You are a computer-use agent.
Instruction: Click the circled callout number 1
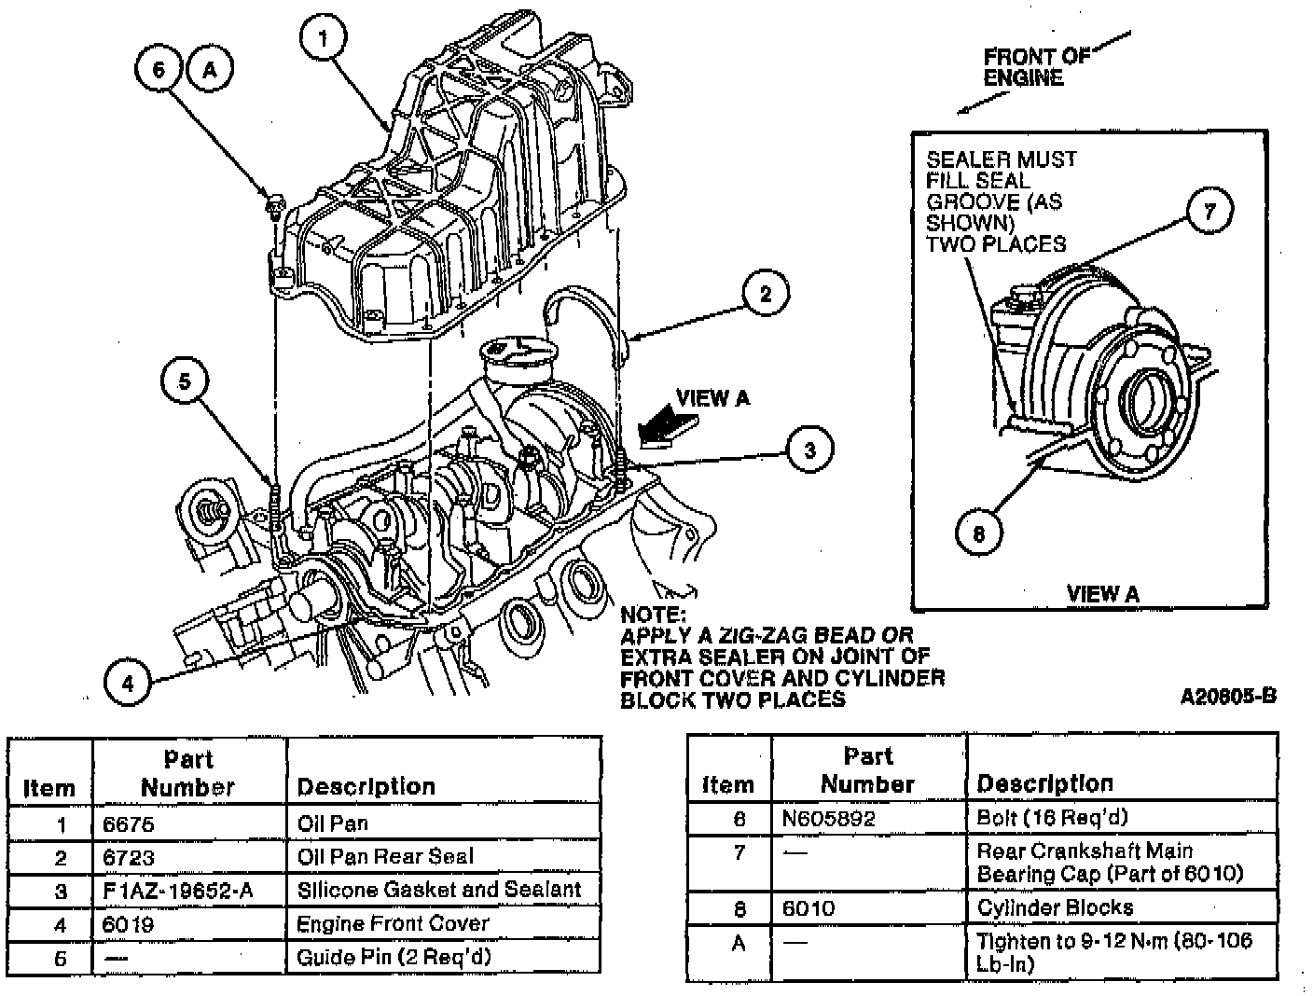tap(323, 39)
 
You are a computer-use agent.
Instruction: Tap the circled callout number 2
tap(766, 295)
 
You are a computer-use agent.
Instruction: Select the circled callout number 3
tap(809, 450)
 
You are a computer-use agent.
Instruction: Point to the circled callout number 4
tap(128, 684)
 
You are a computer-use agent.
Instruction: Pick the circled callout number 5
tap(185, 380)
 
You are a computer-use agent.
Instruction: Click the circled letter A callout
tap(211, 70)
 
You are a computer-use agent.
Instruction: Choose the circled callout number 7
tap(1209, 211)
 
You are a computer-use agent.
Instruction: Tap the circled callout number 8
tap(978, 533)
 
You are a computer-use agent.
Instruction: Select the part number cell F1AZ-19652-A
tap(177, 890)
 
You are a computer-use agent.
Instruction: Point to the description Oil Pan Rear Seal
tap(385, 856)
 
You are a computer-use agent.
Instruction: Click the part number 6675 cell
tap(129, 823)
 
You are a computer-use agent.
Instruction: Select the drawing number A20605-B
tap(1227, 696)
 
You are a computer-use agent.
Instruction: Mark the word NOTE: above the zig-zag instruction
tap(653, 616)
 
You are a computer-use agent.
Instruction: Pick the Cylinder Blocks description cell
tap(1055, 907)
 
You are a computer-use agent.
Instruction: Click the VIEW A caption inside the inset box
tap(1102, 593)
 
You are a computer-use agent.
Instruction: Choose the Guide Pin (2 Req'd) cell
tap(393, 957)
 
